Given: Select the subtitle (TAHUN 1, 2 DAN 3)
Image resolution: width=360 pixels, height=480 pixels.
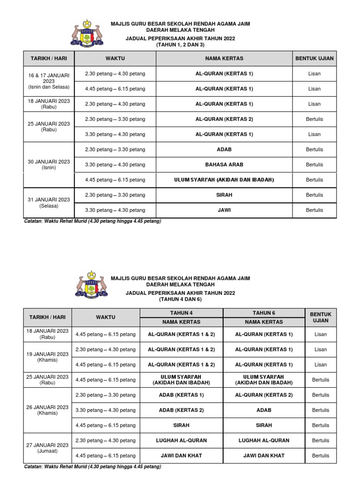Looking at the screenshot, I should (x=180, y=45).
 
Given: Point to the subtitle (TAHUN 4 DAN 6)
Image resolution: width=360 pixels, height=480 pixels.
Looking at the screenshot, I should (x=180, y=299).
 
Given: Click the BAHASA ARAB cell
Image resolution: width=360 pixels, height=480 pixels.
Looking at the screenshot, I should (x=224, y=165).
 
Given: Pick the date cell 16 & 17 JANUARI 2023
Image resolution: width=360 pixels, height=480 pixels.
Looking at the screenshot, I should (x=49, y=81).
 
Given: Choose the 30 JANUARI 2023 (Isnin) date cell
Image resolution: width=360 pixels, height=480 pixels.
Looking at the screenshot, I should (x=49, y=165).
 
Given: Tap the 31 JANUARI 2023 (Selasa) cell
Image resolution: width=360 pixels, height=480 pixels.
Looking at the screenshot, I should (x=49, y=202).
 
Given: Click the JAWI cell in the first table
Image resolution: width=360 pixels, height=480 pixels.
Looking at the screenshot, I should (x=224, y=210).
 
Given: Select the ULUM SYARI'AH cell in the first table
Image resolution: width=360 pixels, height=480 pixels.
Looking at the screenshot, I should (x=224, y=180).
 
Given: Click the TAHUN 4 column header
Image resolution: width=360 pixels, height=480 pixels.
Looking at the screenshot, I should (x=181, y=313).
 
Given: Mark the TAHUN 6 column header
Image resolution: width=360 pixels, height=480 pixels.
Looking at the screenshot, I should (x=264, y=313).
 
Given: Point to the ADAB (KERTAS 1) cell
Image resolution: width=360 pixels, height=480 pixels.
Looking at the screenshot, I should (x=181, y=395).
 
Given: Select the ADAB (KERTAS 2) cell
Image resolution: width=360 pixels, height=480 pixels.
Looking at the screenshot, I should (x=181, y=410).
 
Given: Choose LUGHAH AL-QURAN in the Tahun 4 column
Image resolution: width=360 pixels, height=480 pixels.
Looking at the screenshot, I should (x=181, y=440).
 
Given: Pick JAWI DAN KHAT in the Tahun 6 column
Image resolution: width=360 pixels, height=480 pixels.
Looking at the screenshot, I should (x=264, y=455).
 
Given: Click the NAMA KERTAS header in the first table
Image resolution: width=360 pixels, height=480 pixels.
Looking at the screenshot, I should (x=224, y=59).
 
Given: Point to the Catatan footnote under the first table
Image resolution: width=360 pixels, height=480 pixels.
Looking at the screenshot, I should (x=92, y=221).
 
